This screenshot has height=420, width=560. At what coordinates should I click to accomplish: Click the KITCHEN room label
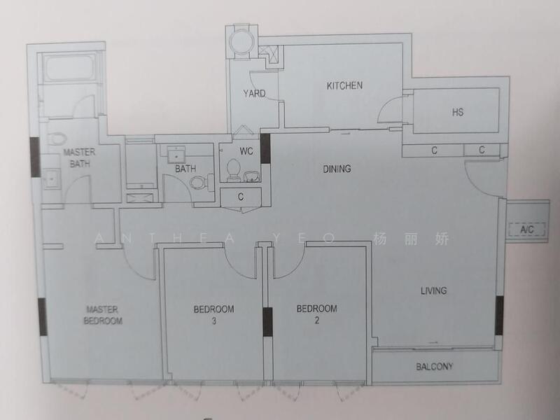coord(344,86)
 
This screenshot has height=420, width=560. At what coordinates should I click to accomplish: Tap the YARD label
coord(254,94)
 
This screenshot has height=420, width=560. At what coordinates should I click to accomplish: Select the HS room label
coord(458,112)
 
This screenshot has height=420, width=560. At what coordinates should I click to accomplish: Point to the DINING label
coord(337,169)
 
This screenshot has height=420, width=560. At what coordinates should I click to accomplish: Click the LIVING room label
coord(433,290)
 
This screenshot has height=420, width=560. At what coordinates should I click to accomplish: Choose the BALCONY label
coord(435,366)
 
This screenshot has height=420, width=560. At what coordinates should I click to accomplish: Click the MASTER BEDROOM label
coord(104,315)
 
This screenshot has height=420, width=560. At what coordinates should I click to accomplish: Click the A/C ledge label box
coord(527,230)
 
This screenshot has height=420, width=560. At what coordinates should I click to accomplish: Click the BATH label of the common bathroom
coord(185,169)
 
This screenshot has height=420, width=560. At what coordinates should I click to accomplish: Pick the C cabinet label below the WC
coord(241,197)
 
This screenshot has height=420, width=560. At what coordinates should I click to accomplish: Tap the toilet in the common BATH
coord(198,182)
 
